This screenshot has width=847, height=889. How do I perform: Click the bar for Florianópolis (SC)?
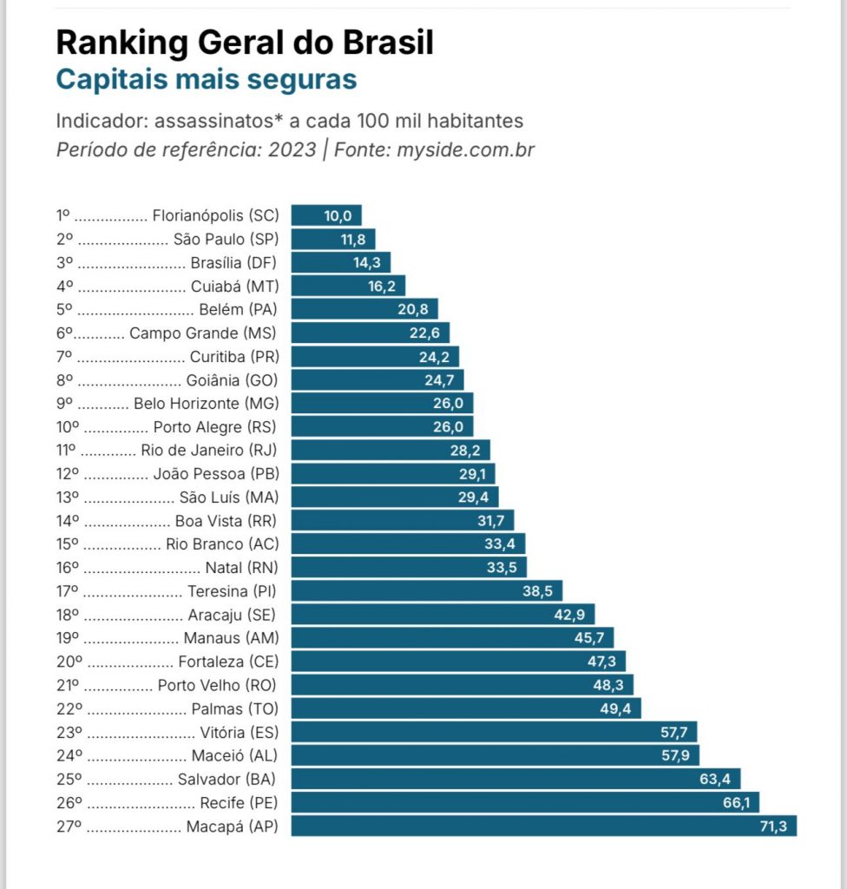(x=325, y=215)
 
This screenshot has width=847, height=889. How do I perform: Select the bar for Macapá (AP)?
(x=543, y=826)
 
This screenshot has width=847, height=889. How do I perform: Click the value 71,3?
(x=772, y=826)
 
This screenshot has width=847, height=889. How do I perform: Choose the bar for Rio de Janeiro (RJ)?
(x=391, y=450)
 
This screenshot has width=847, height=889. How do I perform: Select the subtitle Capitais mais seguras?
(x=207, y=79)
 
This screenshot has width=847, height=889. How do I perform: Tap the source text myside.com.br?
(x=466, y=149)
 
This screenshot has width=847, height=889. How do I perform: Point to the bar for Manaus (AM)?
(x=452, y=638)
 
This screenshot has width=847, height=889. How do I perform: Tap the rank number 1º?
(x=62, y=215)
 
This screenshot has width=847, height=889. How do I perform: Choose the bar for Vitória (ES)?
(x=494, y=732)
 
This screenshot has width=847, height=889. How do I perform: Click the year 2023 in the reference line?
(x=292, y=149)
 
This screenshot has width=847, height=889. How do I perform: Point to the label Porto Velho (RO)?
(x=217, y=685)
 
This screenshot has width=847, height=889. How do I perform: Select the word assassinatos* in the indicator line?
(x=217, y=121)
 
